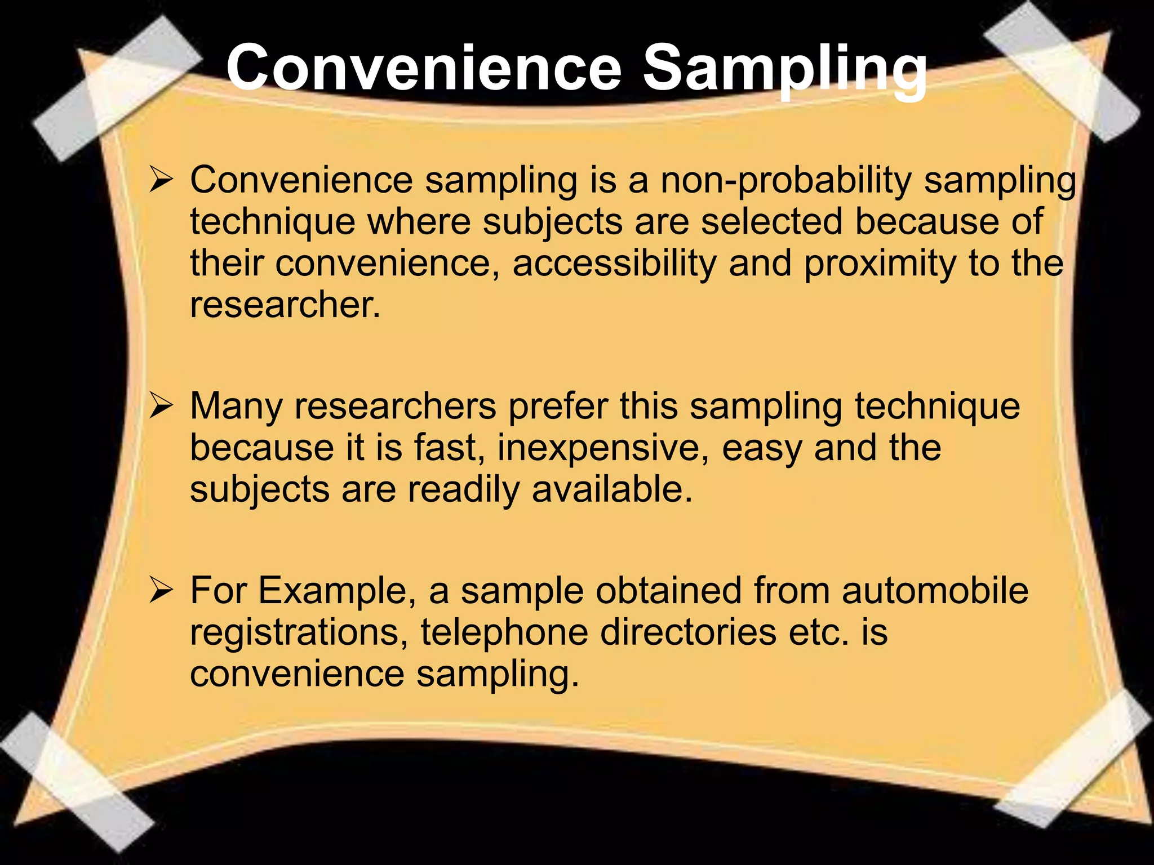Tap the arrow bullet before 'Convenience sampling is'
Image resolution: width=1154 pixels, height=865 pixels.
tap(161, 182)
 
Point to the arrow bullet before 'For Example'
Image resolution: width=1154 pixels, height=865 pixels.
tap(161, 592)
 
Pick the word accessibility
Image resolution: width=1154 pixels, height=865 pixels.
tap(614, 264)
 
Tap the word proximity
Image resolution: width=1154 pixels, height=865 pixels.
tap(880, 264)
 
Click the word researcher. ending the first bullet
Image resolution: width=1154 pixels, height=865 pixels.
tap(285, 305)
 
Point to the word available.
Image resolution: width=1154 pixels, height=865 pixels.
tap(612, 489)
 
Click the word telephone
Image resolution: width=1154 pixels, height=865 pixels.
tap(504, 632)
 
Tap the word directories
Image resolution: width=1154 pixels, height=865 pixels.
tap(688, 632)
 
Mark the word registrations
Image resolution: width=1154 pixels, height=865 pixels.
tap(299, 632)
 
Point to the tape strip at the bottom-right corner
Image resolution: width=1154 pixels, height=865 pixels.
tap(1073, 760)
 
